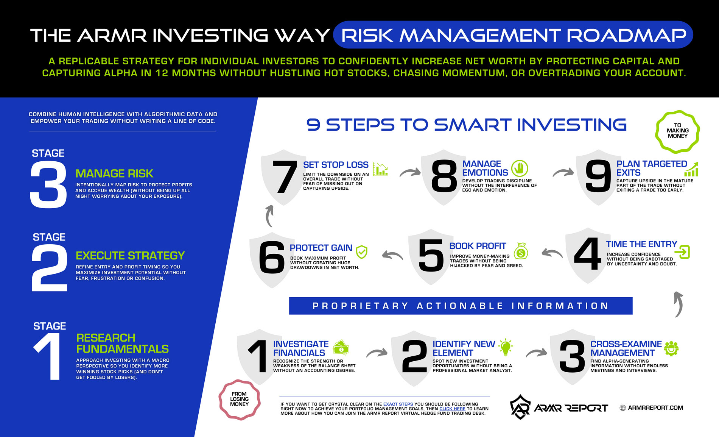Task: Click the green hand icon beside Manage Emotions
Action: coord(520,168)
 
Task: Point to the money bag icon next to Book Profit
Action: coord(521,251)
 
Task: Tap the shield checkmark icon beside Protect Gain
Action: coord(362,252)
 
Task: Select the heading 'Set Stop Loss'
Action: coord(336,165)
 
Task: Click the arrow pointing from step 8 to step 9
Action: coord(563,172)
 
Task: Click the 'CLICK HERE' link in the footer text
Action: coord(452,409)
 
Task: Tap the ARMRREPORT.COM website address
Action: coord(655,408)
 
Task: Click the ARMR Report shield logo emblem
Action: coord(520,407)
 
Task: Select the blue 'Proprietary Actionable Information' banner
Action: coord(461,306)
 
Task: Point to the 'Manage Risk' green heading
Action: coord(114,173)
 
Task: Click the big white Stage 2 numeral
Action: coord(50,268)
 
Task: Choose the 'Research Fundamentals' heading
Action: coord(122,343)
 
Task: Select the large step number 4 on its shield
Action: coord(587,254)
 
